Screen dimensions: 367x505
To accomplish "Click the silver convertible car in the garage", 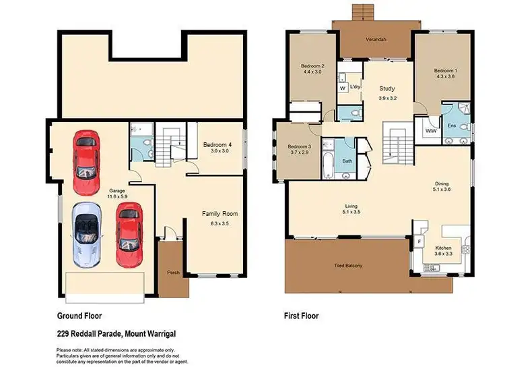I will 87,233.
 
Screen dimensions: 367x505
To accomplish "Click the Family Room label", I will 220,214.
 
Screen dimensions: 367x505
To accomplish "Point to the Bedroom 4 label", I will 217,144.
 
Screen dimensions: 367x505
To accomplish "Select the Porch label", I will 173,273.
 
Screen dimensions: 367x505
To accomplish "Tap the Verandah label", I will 376,39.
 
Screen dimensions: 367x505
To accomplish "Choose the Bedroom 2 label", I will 313,66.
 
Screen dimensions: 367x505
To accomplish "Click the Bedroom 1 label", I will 445,71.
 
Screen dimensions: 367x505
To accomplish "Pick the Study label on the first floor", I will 386,88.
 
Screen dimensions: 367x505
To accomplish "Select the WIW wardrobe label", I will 429,132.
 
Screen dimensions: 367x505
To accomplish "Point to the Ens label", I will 451,134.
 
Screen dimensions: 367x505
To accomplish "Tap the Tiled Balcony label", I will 348,265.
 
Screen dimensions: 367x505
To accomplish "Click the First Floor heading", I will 302,316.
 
